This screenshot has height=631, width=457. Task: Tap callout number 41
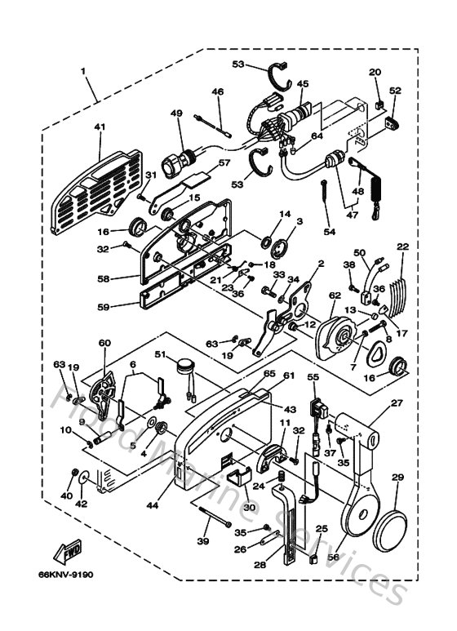100,127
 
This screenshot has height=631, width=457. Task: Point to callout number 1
83,72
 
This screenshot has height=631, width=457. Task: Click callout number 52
395,91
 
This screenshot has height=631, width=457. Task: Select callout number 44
152,505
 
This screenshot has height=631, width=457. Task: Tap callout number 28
260,564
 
